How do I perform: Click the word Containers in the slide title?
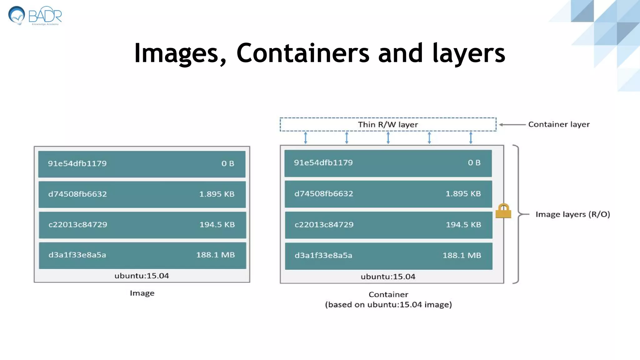click(303, 53)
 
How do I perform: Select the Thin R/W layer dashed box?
click(388, 124)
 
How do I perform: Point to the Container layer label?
click(559, 124)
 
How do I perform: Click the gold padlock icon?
click(503, 211)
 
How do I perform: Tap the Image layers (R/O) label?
click(572, 214)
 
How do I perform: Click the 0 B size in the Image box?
click(227, 163)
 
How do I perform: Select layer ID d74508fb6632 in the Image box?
click(77, 194)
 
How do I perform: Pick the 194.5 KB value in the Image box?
click(217, 225)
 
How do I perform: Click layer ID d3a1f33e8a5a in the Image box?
click(77, 255)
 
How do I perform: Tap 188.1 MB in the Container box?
click(462, 256)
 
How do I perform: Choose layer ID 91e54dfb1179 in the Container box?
click(323, 163)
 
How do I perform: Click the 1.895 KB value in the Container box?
click(463, 194)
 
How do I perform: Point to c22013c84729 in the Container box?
click(324, 225)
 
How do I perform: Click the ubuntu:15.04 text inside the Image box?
click(142, 276)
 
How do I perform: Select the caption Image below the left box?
click(142, 293)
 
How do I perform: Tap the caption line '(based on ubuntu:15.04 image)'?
click(388, 305)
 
